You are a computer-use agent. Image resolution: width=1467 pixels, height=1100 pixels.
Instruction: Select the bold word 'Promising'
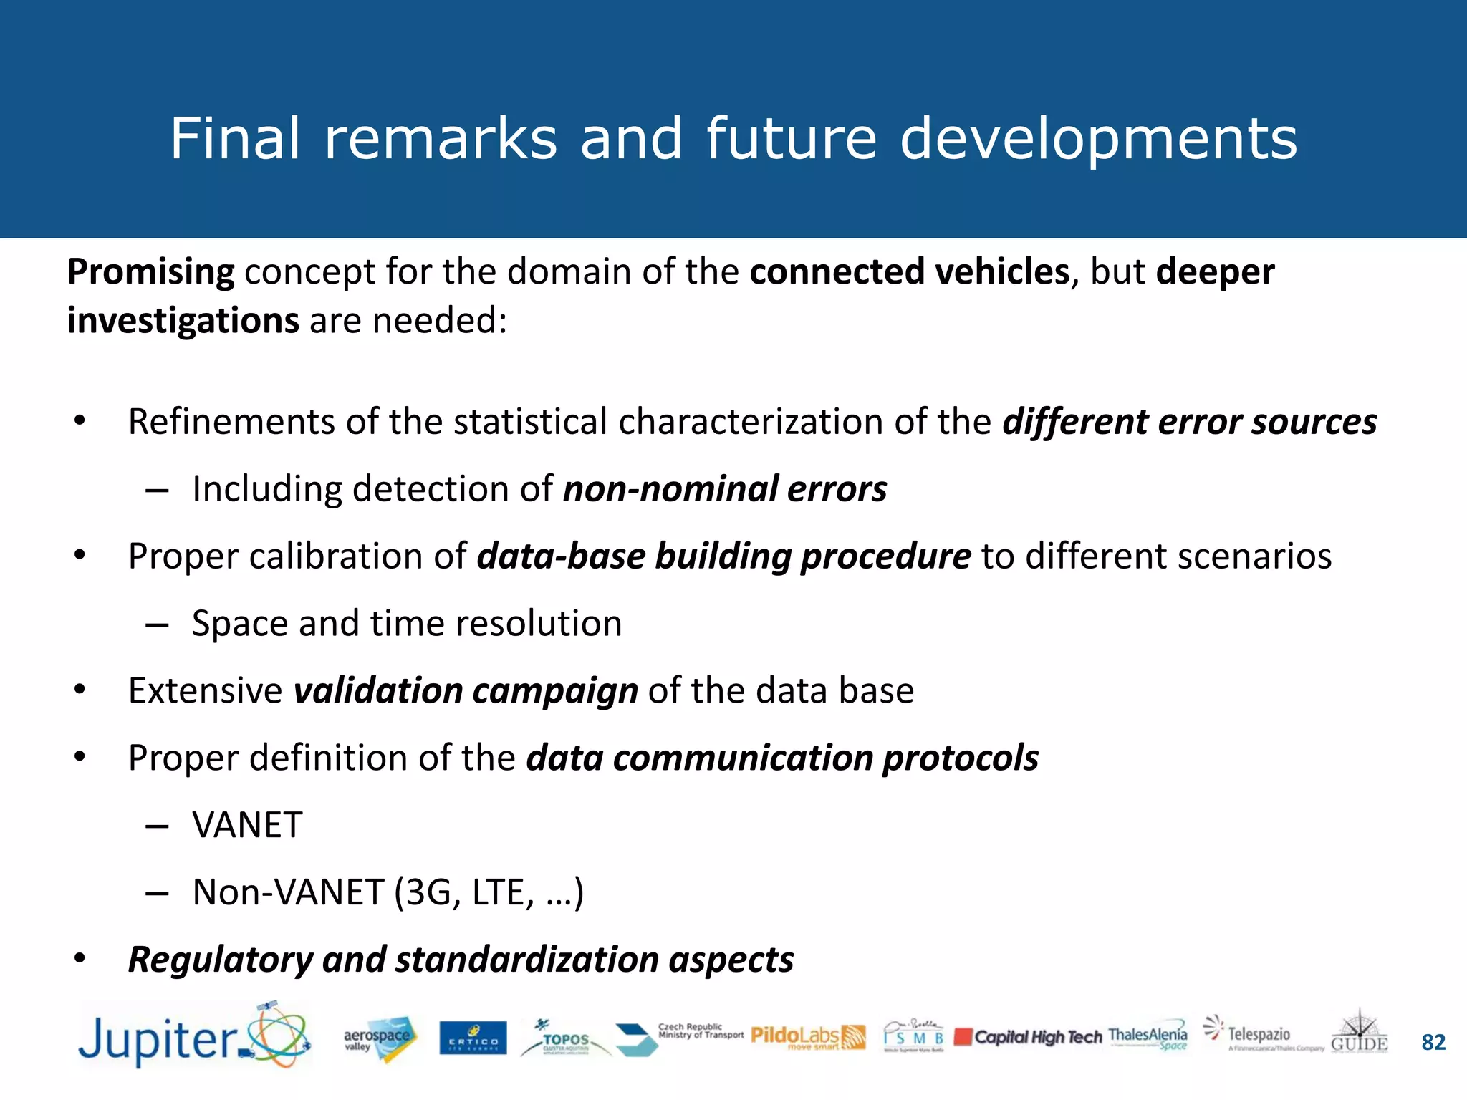coord(150,272)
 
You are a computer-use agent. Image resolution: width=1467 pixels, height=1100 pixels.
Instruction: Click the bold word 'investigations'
coord(183,320)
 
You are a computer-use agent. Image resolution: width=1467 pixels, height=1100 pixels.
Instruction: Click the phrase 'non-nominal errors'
coord(725,489)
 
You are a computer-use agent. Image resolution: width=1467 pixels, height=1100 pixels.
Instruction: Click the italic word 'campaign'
coord(555,691)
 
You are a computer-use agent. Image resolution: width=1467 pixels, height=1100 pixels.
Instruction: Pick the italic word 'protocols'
coord(960,758)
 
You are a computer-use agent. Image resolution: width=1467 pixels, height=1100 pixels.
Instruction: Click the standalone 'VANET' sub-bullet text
coord(247,825)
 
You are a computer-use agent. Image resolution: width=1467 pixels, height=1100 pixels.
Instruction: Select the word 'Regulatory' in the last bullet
coord(220,960)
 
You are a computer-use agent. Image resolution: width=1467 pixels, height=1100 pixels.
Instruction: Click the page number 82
coord(1433,1042)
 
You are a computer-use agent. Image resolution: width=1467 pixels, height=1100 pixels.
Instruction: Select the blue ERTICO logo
coord(473,1038)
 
